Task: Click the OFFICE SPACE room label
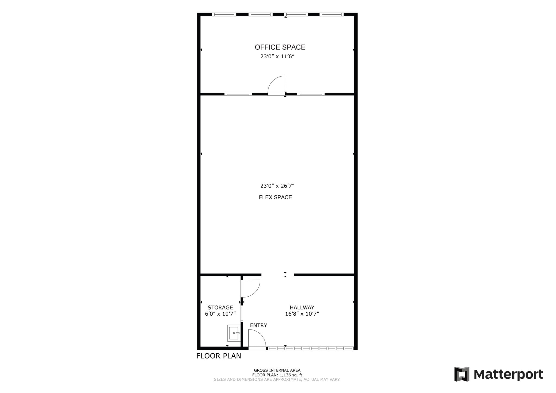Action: (x=280, y=47)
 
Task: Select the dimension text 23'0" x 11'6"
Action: (x=277, y=57)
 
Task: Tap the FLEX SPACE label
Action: (x=275, y=197)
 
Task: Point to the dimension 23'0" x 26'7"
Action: (x=277, y=186)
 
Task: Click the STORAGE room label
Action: (x=220, y=308)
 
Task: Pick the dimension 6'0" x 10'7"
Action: (x=220, y=314)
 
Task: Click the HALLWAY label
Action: (x=302, y=308)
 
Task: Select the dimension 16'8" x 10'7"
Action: (x=302, y=314)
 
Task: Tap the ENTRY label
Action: (x=258, y=325)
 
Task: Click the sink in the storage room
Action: (x=234, y=333)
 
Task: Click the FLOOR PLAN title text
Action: (x=219, y=356)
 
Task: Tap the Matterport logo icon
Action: (x=462, y=374)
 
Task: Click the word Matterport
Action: (x=508, y=375)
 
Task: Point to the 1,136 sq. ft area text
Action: (x=277, y=375)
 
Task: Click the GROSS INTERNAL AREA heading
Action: (x=277, y=370)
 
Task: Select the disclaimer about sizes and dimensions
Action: (x=277, y=379)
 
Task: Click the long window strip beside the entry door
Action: (x=310, y=348)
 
